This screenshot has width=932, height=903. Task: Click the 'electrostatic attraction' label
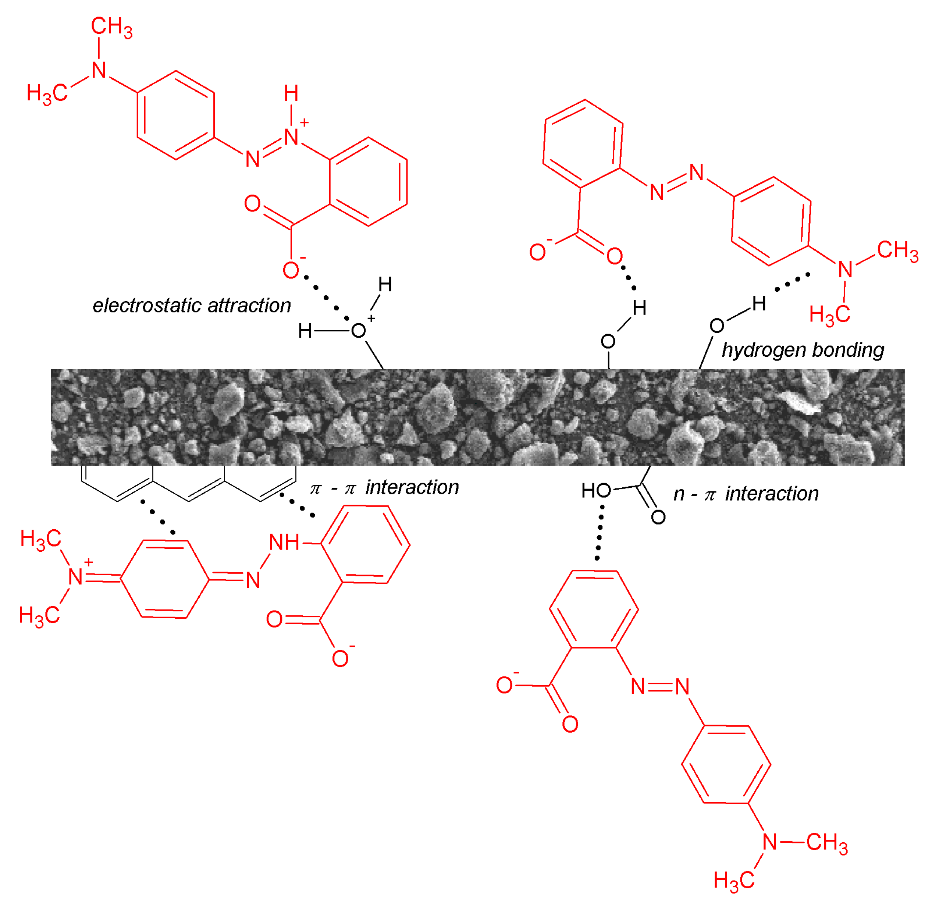pyautogui.click(x=192, y=306)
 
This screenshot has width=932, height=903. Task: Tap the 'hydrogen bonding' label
pyautogui.click(x=803, y=350)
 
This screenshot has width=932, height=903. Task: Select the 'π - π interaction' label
pyautogui.click(x=384, y=487)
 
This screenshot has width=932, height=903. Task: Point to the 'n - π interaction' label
pyautogui.click(x=746, y=494)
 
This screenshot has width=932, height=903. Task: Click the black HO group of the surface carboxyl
pyautogui.click(x=596, y=490)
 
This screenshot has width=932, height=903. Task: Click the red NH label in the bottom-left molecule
pyautogui.click(x=284, y=542)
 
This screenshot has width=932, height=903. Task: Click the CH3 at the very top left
pyautogui.click(x=111, y=26)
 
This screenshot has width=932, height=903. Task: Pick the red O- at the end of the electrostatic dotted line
pyautogui.click(x=291, y=270)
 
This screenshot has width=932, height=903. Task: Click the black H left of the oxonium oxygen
pyautogui.click(x=305, y=331)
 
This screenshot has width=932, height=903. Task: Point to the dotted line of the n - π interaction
pyautogui.click(x=600, y=533)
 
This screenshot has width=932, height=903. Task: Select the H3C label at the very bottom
pyautogui.click(x=734, y=880)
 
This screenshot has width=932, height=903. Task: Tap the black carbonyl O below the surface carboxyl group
pyautogui.click(x=658, y=517)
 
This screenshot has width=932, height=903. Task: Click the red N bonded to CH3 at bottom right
pyautogui.click(x=769, y=842)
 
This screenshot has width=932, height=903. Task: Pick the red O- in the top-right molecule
pyautogui.click(x=538, y=252)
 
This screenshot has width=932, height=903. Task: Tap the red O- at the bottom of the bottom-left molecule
pyautogui.click(x=341, y=659)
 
